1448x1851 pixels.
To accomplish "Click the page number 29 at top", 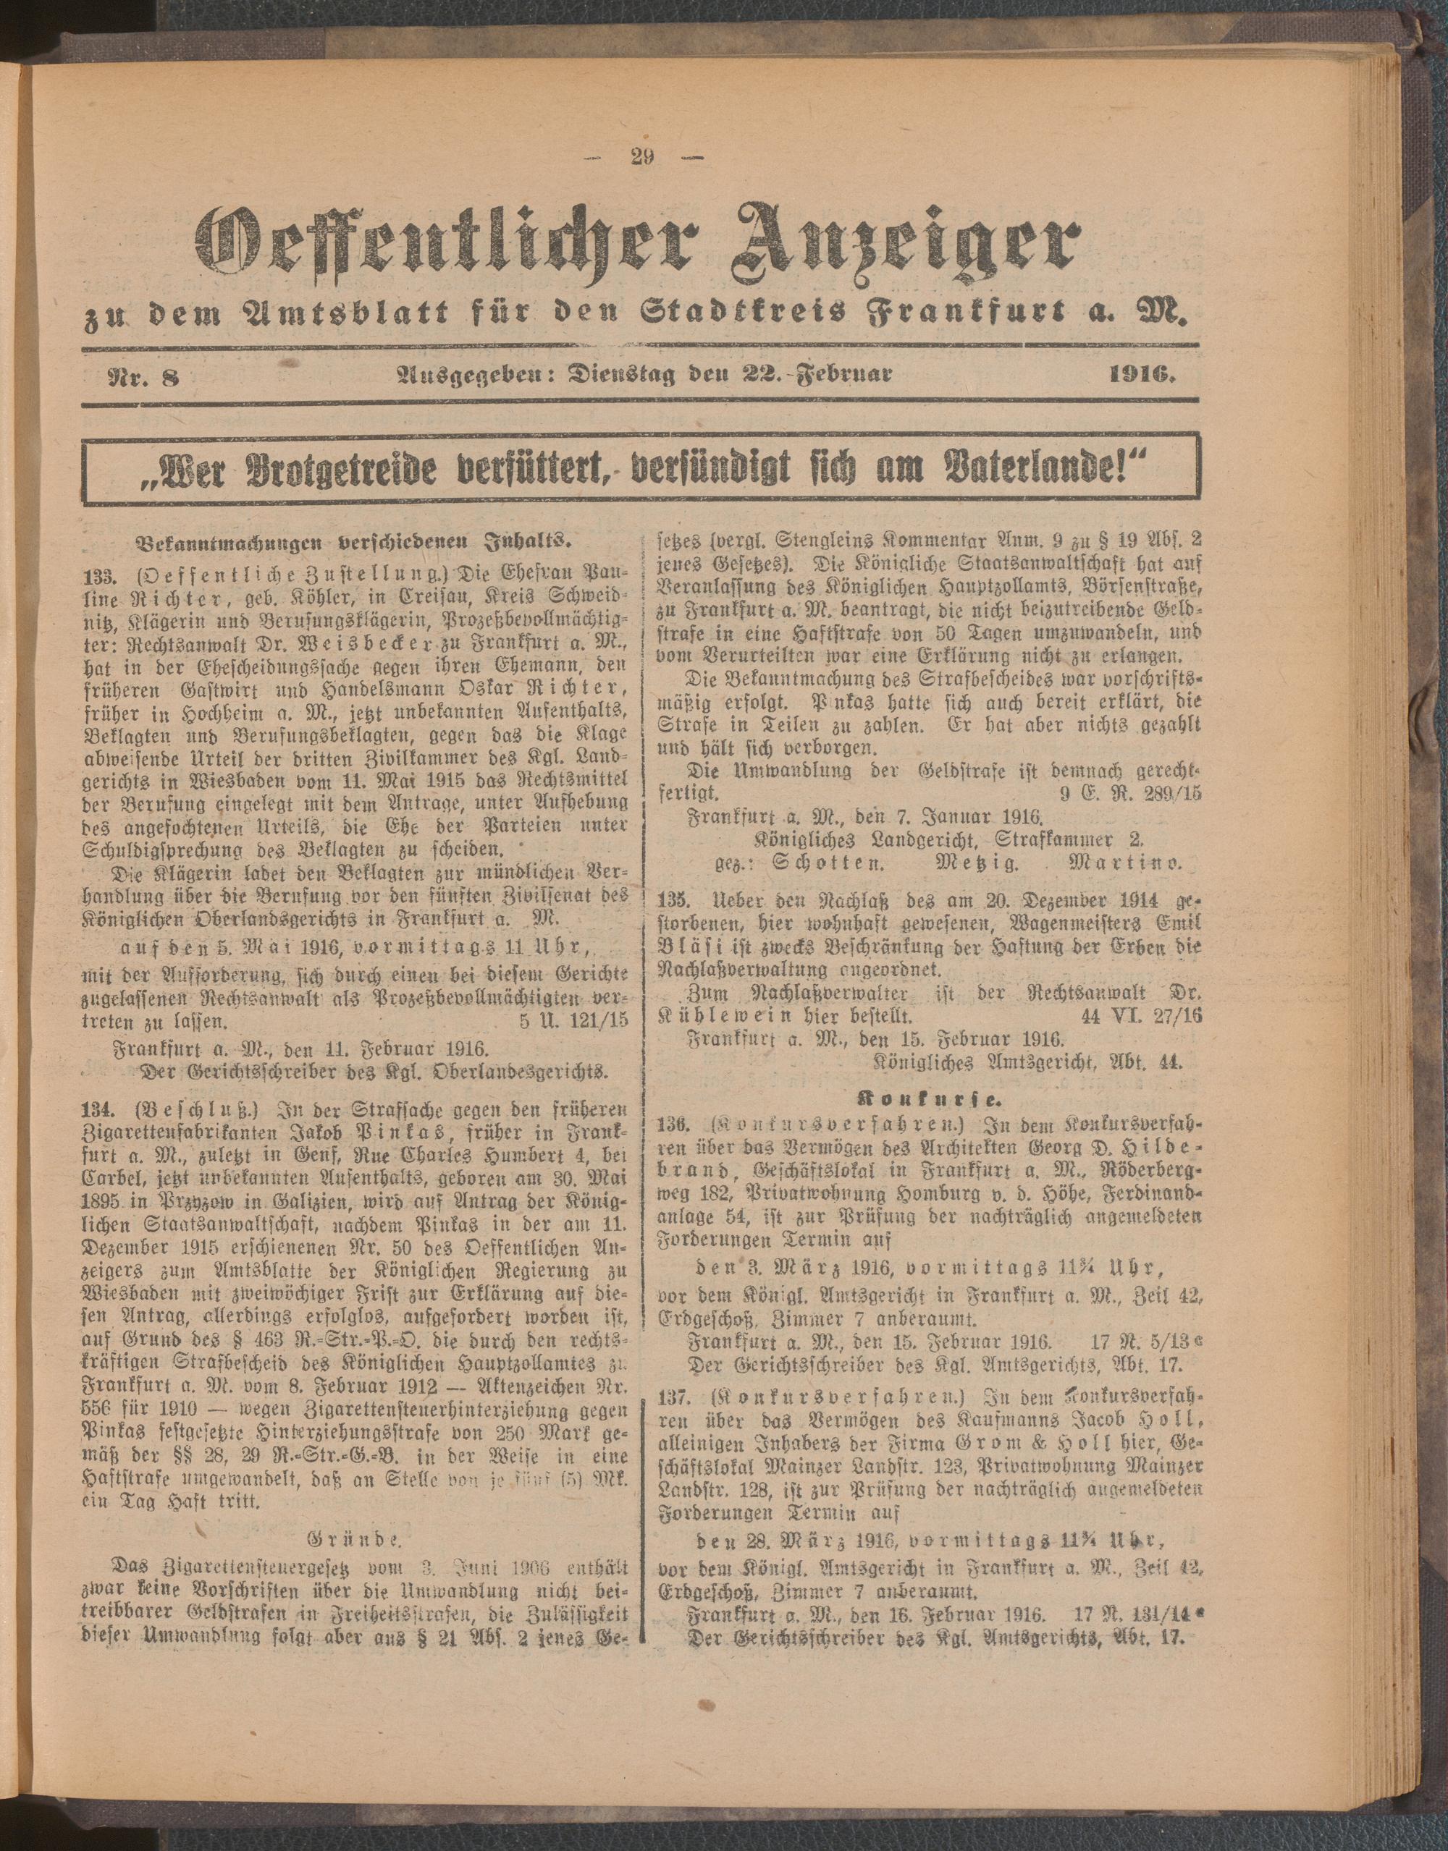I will pos(641,158).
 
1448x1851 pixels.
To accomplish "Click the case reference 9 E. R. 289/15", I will pos(1130,794).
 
